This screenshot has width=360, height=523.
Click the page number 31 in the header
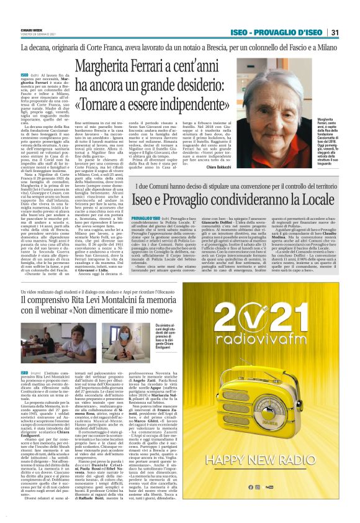coord(351,32)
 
